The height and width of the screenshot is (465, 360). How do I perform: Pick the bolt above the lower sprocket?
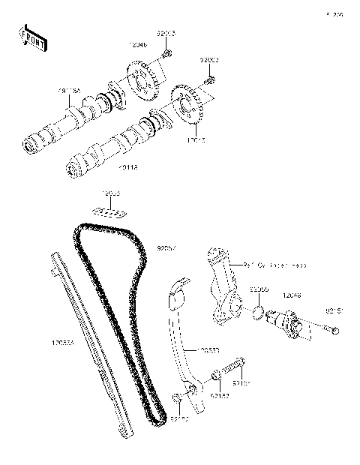tap(210, 77)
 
